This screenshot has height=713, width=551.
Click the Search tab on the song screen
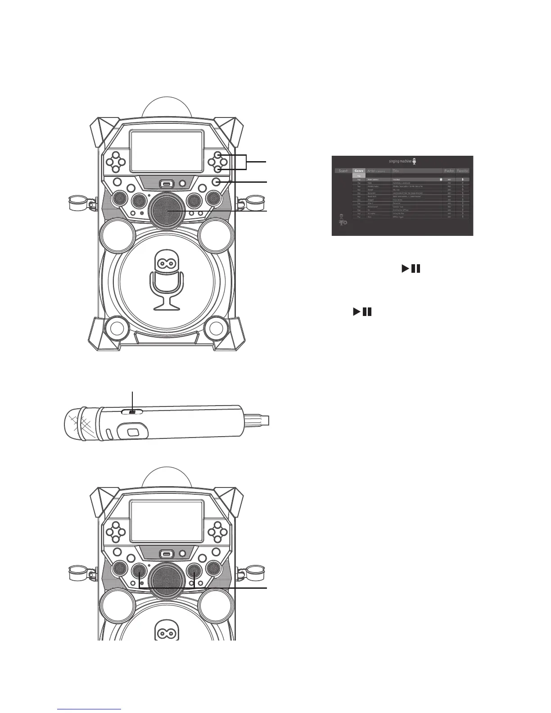click(343, 171)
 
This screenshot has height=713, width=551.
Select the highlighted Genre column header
click(359, 171)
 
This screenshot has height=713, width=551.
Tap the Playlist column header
click(449, 171)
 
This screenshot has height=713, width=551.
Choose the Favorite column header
click(463, 171)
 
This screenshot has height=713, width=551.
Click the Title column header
click(396, 171)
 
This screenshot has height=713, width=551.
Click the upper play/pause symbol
click(411, 269)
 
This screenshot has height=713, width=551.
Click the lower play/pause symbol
click(362, 311)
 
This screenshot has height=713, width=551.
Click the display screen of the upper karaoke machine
click(167, 151)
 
